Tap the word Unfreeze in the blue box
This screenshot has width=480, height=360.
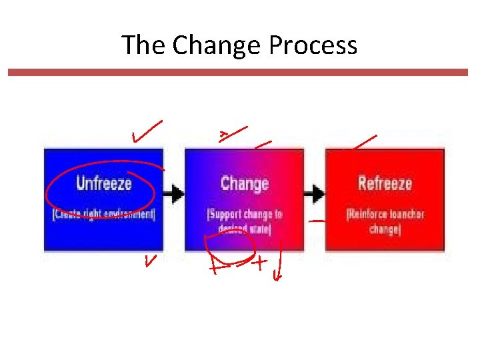[104, 183]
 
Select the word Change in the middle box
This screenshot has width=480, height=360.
[245, 183]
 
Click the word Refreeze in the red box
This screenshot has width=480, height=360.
[385, 183]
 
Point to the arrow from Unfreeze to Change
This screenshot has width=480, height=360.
[175, 194]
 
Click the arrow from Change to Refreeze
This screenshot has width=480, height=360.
[315, 194]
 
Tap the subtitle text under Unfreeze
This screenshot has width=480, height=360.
[103, 215]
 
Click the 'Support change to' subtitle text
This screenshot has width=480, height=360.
[245, 215]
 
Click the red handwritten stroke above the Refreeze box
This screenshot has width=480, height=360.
[364, 141]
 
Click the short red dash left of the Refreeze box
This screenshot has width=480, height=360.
[318, 220]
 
